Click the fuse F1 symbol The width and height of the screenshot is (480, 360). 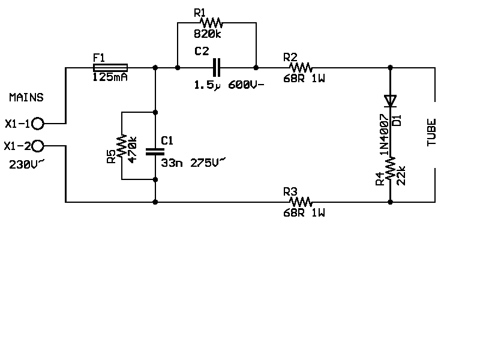point(110,68)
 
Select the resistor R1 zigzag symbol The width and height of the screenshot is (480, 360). point(211,23)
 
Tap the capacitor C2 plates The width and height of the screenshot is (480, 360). point(217,68)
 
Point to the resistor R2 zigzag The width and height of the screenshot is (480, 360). point(299,68)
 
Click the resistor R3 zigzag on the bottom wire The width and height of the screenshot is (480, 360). point(299,202)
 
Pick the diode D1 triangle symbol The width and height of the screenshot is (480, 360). point(391,100)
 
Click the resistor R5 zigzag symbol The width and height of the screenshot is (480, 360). point(122,146)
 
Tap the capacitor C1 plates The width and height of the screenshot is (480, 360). point(155,151)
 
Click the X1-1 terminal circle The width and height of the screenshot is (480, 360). point(38,124)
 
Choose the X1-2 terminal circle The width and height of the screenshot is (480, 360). point(38,146)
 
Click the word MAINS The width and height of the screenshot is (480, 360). point(26,97)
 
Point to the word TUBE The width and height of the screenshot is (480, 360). point(431,133)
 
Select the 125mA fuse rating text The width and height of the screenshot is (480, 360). point(110,77)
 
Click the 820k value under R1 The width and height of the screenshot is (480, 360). point(208,34)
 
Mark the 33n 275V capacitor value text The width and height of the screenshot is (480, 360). point(194,161)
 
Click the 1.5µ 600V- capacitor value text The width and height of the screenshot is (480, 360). point(229,85)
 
